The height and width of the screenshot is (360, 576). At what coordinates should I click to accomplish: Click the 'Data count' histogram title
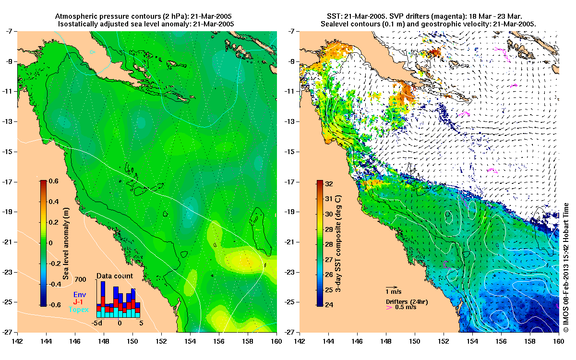click(115, 276)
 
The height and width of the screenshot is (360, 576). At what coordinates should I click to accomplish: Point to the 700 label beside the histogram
click(80, 279)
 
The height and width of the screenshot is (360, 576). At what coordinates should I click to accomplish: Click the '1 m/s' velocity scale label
click(394, 291)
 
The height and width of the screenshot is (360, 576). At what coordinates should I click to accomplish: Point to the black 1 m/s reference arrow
click(392, 287)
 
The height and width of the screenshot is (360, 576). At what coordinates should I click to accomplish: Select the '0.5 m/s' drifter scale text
click(405, 307)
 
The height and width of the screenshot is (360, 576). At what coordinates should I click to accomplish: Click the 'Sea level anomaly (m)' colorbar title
click(65, 243)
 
